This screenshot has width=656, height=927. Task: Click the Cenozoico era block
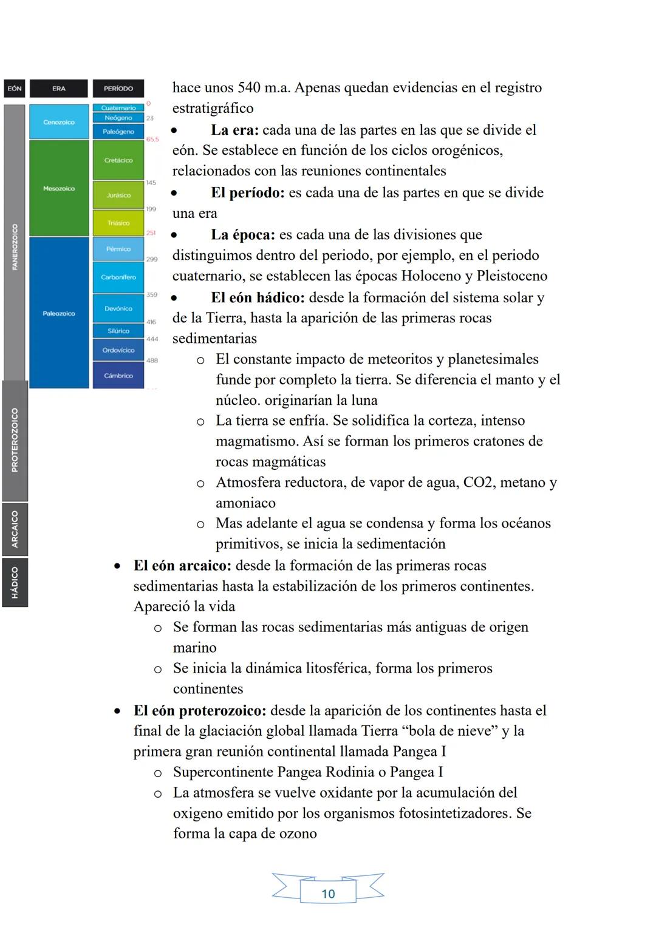click(59, 122)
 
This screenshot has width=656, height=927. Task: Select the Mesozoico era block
click(59, 189)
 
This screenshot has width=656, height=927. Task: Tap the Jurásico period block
click(118, 195)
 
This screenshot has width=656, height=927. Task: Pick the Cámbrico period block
click(118, 376)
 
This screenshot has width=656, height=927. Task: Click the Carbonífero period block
click(118, 277)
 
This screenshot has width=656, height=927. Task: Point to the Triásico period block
click(118, 223)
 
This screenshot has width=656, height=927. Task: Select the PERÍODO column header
click(118, 89)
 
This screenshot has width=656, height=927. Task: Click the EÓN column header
click(15, 89)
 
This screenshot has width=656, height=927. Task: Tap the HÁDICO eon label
click(15, 583)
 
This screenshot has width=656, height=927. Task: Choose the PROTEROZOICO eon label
click(15, 440)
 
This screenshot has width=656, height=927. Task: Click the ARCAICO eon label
click(15, 529)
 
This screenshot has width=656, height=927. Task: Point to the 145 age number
click(151, 183)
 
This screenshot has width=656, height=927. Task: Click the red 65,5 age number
click(152, 140)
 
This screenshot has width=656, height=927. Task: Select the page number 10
click(328, 894)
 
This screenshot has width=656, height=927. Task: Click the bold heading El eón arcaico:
click(182, 566)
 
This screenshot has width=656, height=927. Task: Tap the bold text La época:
click(243, 235)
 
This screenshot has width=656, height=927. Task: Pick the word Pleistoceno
click(511, 276)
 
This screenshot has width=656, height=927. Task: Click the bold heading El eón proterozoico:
click(200, 711)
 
